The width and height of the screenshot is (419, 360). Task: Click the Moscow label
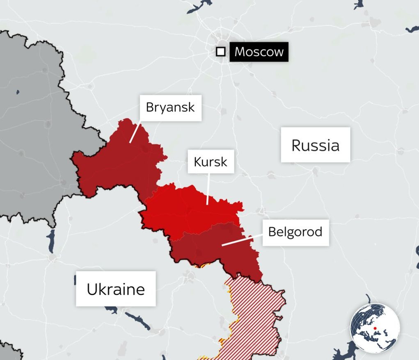259,52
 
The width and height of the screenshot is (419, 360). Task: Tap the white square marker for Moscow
221,52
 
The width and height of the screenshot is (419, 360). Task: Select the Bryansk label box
170,108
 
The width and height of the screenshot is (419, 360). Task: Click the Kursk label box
210,162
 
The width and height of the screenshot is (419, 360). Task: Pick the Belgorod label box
295,232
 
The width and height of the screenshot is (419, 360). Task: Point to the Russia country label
315,145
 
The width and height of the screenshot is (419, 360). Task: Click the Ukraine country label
116,289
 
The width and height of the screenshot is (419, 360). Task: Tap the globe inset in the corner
375,328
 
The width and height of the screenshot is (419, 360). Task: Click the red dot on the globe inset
375,328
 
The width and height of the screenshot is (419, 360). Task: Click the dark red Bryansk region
119,164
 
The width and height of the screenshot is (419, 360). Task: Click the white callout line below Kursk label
208,189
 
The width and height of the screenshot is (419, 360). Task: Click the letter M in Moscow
239,52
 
